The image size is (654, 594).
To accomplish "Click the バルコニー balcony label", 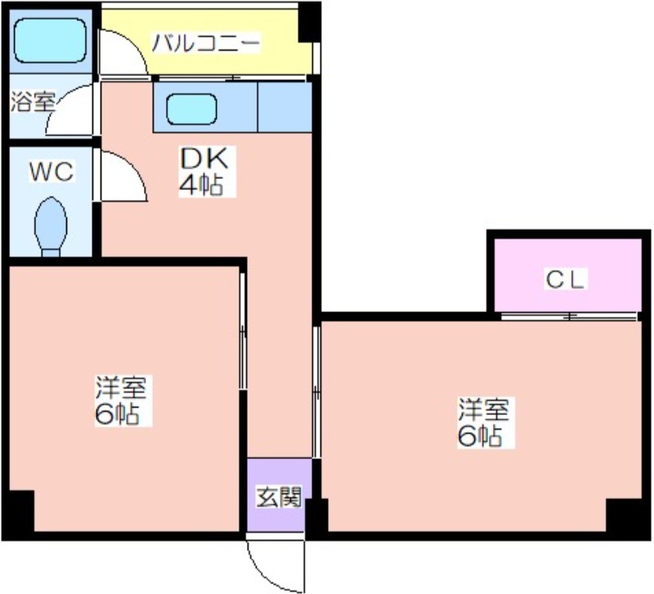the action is pos(206,43).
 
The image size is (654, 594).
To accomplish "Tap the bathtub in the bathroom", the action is pos(50,40).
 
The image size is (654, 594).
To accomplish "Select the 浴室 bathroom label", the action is pos(32,101).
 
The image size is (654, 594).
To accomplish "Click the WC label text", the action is pos(52,171).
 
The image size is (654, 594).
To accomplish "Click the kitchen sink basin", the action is pos(191,109).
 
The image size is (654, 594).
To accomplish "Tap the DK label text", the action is pos(204,157).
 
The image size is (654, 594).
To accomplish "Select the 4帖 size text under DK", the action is pos(200,185).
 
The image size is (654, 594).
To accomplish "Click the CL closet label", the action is pos(565,279).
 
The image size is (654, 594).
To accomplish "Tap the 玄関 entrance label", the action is pos(279,497).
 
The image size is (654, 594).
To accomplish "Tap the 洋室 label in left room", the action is pos(121,387).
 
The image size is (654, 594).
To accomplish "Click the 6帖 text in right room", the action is pos(480,436).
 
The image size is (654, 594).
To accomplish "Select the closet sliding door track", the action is pos(569,316).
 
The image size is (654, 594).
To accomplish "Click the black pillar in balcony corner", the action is pos(309,22).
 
